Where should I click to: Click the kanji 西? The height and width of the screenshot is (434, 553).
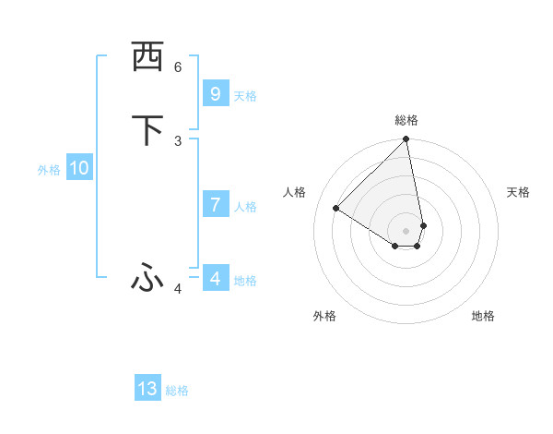(x=147, y=58)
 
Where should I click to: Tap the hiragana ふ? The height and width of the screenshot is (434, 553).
(x=147, y=276)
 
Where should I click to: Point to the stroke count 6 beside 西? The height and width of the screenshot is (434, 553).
(x=178, y=67)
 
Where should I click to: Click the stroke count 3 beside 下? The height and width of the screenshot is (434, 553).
(x=178, y=140)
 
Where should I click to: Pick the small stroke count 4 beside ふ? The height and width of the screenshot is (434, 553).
(x=178, y=289)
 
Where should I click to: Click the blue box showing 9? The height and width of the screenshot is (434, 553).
(x=215, y=94)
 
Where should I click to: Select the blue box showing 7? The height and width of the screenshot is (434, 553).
(x=215, y=205)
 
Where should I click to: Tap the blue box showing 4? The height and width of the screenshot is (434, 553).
(x=215, y=278)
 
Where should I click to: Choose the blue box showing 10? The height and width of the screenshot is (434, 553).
(x=79, y=168)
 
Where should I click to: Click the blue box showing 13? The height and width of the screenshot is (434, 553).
(x=147, y=389)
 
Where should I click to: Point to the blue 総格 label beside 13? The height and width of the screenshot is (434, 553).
(x=177, y=391)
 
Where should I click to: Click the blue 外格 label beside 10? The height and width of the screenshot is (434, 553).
(x=49, y=170)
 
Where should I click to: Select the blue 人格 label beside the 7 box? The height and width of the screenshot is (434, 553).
(x=245, y=207)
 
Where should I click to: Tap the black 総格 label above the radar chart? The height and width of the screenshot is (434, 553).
(x=406, y=120)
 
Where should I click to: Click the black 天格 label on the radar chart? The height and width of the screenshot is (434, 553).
(x=519, y=192)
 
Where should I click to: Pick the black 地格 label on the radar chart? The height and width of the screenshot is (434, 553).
(x=483, y=316)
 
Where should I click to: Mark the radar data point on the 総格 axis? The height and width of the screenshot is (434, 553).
(x=406, y=140)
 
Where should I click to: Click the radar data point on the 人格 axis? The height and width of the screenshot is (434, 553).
(x=336, y=209)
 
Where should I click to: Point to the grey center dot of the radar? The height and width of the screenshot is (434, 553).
(x=406, y=231)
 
